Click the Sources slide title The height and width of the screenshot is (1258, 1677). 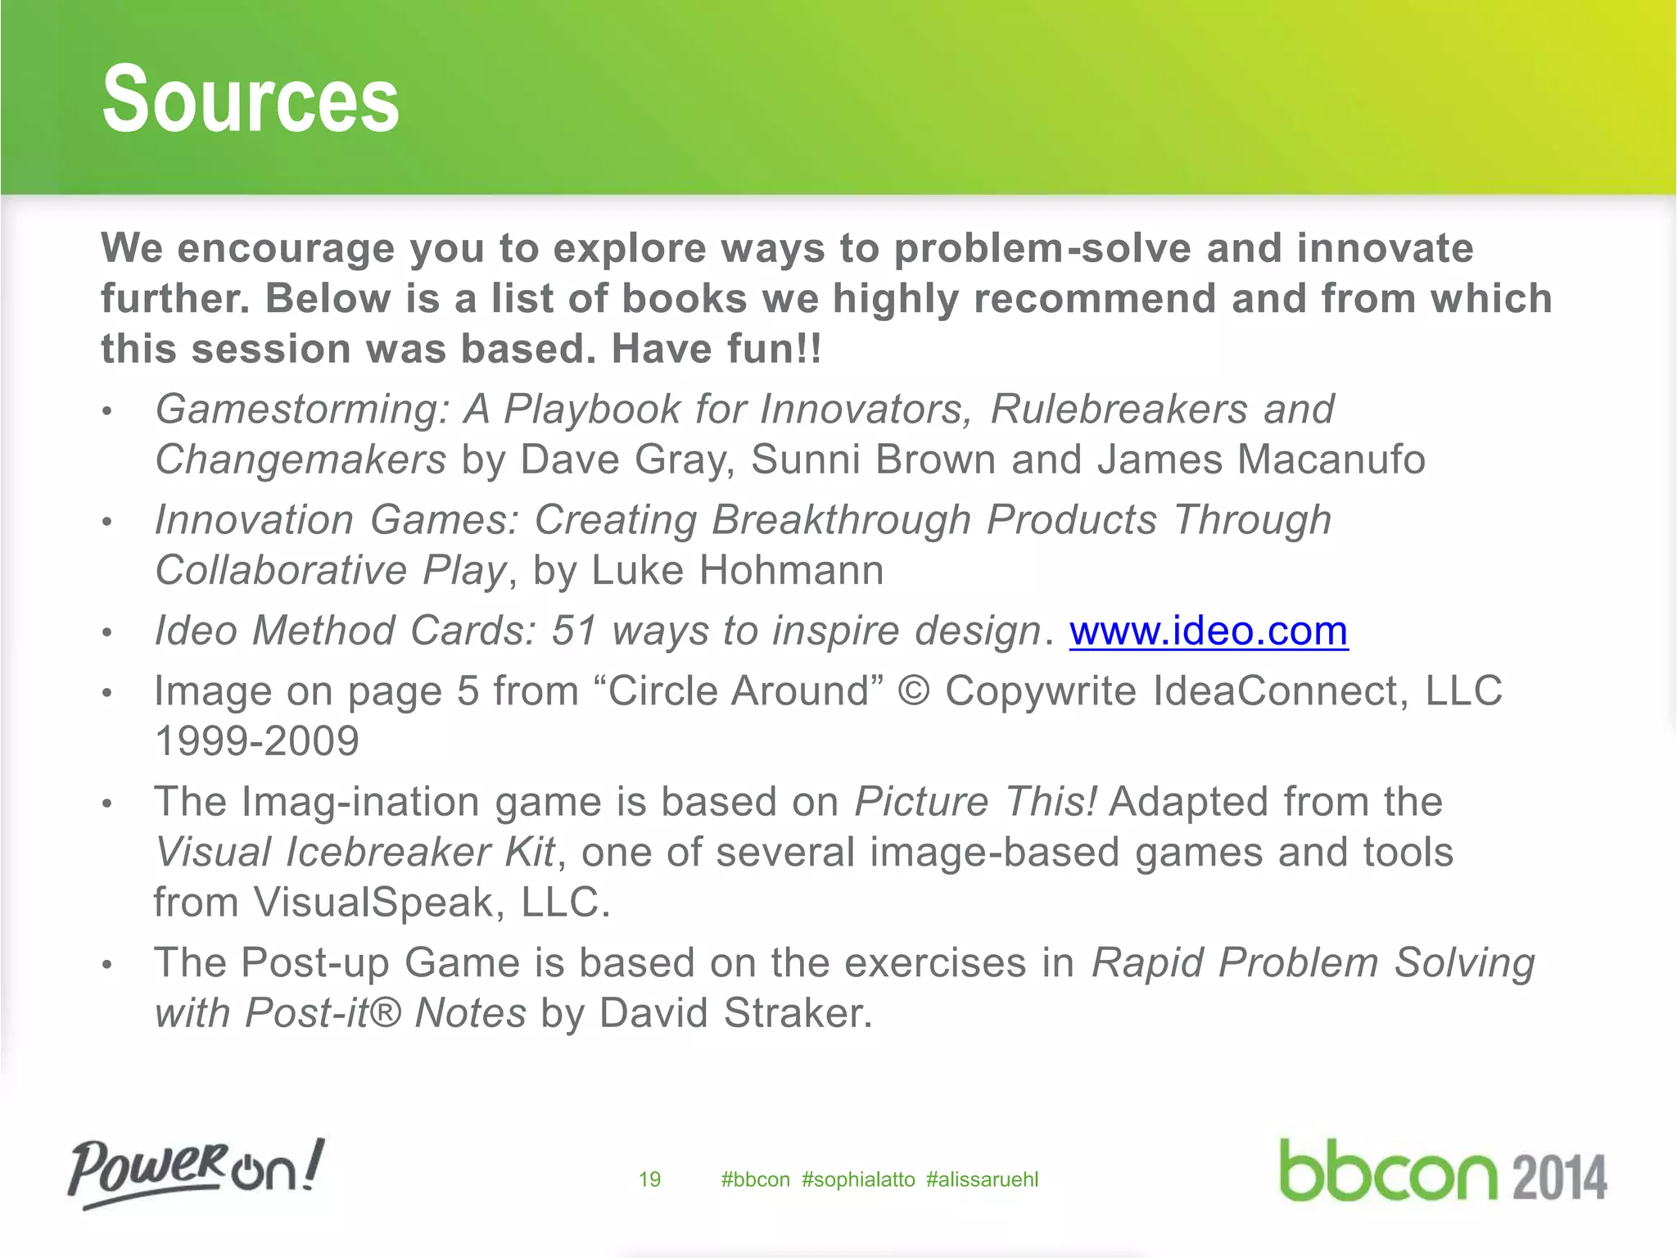[x=251, y=100]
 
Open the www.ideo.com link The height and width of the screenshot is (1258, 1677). [x=1209, y=631]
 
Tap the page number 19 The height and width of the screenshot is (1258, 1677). [x=649, y=1179]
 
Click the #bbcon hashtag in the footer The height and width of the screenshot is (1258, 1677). [x=755, y=1179]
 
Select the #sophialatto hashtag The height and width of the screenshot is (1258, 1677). [x=858, y=1179]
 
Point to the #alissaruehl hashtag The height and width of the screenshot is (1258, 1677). [x=982, y=1179]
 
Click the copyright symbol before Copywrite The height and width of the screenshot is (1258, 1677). [x=914, y=691]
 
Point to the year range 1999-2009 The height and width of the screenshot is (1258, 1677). [x=257, y=741]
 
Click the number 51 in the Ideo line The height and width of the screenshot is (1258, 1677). [x=574, y=631]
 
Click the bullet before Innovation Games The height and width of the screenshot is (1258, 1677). [x=106, y=523]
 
